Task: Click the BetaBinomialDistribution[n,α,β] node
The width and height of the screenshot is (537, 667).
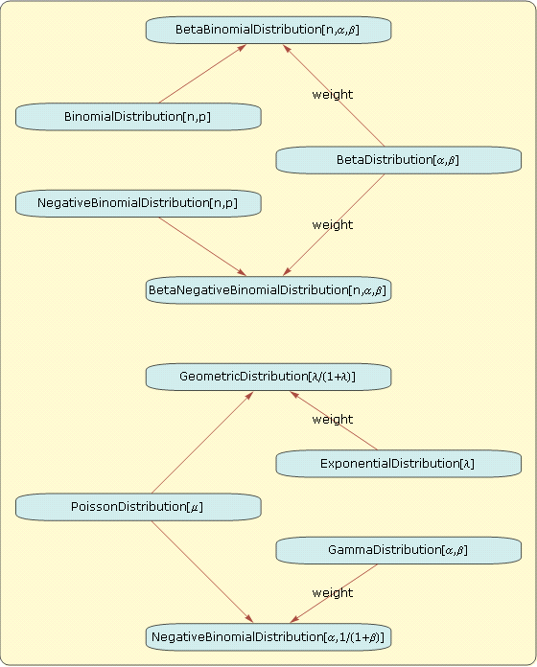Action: pos(268,30)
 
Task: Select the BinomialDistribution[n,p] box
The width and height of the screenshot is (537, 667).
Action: pos(138,117)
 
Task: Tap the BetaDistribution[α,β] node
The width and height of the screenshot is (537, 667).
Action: pos(399,160)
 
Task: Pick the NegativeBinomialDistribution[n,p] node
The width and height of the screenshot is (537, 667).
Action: pos(138,203)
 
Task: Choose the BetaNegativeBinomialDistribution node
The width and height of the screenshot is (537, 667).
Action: pos(268,290)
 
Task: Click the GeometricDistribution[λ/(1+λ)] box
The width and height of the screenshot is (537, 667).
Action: pos(268,377)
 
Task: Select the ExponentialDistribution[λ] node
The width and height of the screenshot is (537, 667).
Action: pos(399,464)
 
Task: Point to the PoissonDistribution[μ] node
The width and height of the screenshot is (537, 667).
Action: pos(138,507)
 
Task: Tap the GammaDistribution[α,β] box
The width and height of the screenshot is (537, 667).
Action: pos(399,550)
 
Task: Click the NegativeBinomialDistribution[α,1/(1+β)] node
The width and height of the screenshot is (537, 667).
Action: pos(268,637)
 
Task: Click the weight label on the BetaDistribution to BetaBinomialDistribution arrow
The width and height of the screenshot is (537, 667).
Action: pos(333,95)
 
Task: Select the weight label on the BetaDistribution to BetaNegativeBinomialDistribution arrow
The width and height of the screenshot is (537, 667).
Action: pos(333,224)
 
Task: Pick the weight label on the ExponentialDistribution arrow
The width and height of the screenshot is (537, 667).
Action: pos(333,420)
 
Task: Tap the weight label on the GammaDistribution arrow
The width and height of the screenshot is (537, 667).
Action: pos(333,593)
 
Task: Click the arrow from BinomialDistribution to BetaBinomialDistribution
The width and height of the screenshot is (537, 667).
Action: pos(202,74)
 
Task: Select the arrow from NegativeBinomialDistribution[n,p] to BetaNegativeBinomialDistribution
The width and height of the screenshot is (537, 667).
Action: pos(202,246)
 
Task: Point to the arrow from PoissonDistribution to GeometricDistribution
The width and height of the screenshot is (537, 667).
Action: pos(202,443)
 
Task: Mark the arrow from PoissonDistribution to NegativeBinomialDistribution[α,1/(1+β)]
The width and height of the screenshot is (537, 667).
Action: pos(202,572)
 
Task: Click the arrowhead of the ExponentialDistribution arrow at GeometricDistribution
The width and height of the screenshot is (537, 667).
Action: pos(294,395)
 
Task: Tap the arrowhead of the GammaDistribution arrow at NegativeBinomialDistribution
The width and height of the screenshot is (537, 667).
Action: pos(294,619)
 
